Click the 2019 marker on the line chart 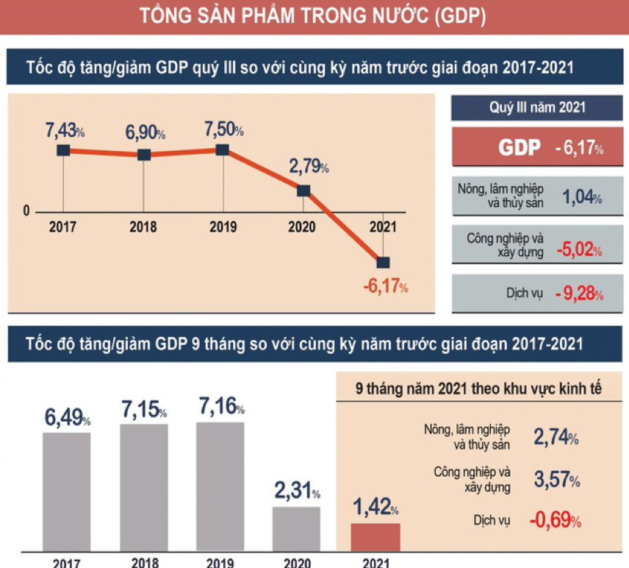point(223,150)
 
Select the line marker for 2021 point(383,262)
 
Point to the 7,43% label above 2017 point(65,130)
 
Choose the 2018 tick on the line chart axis point(143,227)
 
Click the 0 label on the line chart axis point(26,213)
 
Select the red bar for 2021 point(375,536)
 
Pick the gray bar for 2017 point(66,490)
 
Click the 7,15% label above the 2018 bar point(143,410)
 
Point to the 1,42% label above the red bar point(375,507)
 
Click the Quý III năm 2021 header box point(537,107)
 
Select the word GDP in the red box point(520,147)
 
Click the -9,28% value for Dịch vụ point(579,294)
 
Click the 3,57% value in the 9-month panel point(556,480)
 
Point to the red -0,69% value point(556,521)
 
